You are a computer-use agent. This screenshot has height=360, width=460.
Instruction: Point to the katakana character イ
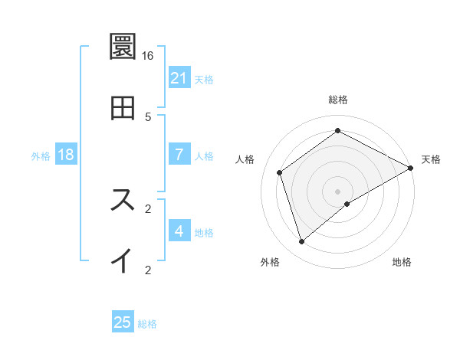(x=123, y=261)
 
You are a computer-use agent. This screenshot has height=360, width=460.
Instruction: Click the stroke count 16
(x=148, y=56)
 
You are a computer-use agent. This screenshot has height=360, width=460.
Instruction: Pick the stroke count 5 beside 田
(x=148, y=117)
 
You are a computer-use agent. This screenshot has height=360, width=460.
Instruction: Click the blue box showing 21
(x=179, y=78)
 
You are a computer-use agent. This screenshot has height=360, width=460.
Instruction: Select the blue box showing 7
(x=179, y=155)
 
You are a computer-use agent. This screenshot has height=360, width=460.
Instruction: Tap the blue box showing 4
(x=179, y=231)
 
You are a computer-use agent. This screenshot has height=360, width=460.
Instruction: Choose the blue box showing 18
(x=66, y=155)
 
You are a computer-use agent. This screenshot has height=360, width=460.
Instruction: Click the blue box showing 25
(x=123, y=323)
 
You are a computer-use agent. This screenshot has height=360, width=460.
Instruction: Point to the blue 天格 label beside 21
(x=204, y=80)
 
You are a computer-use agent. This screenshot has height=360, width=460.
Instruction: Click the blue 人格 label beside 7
(x=204, y=156)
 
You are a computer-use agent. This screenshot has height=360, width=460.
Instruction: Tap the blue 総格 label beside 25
(x=147, y=325)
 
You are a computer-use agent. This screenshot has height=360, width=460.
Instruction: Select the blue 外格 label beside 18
(x=41, y=156)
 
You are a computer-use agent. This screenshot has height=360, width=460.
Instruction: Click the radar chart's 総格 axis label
(x=338, y=100)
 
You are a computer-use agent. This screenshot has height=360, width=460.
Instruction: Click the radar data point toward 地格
(x=347, y=204)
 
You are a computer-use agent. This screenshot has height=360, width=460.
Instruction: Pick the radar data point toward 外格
(x=302, y=242)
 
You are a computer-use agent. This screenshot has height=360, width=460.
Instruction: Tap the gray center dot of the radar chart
(x=338, y=191)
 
